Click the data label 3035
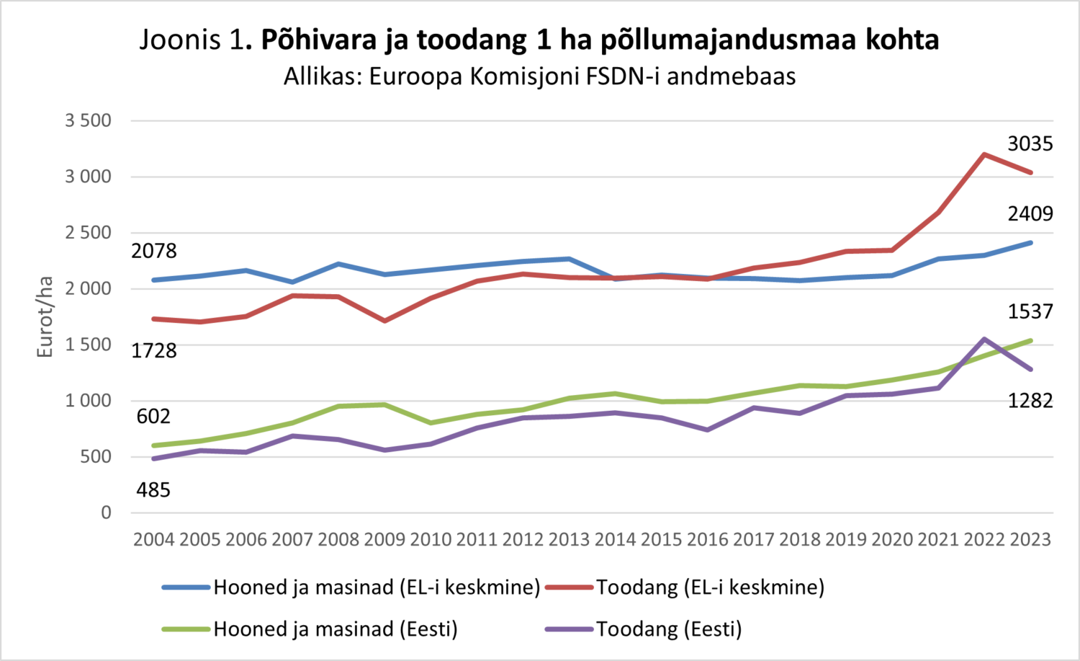pos(1030,144)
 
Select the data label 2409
pos(1030,214)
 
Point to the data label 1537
pos(1030,311)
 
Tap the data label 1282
pos(1030,401)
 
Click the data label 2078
pos(153,251)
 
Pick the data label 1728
pos(153,351)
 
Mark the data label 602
pos(153,417)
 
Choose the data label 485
pos(153,490)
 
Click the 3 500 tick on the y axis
pos(89,120)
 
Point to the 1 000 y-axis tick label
pos(89,401)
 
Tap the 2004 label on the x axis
pos(153,539)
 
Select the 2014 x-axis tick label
pos(615,539)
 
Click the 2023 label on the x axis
pos(1030,539)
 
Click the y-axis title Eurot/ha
pos(45,317)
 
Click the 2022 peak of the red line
pos(984,154)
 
